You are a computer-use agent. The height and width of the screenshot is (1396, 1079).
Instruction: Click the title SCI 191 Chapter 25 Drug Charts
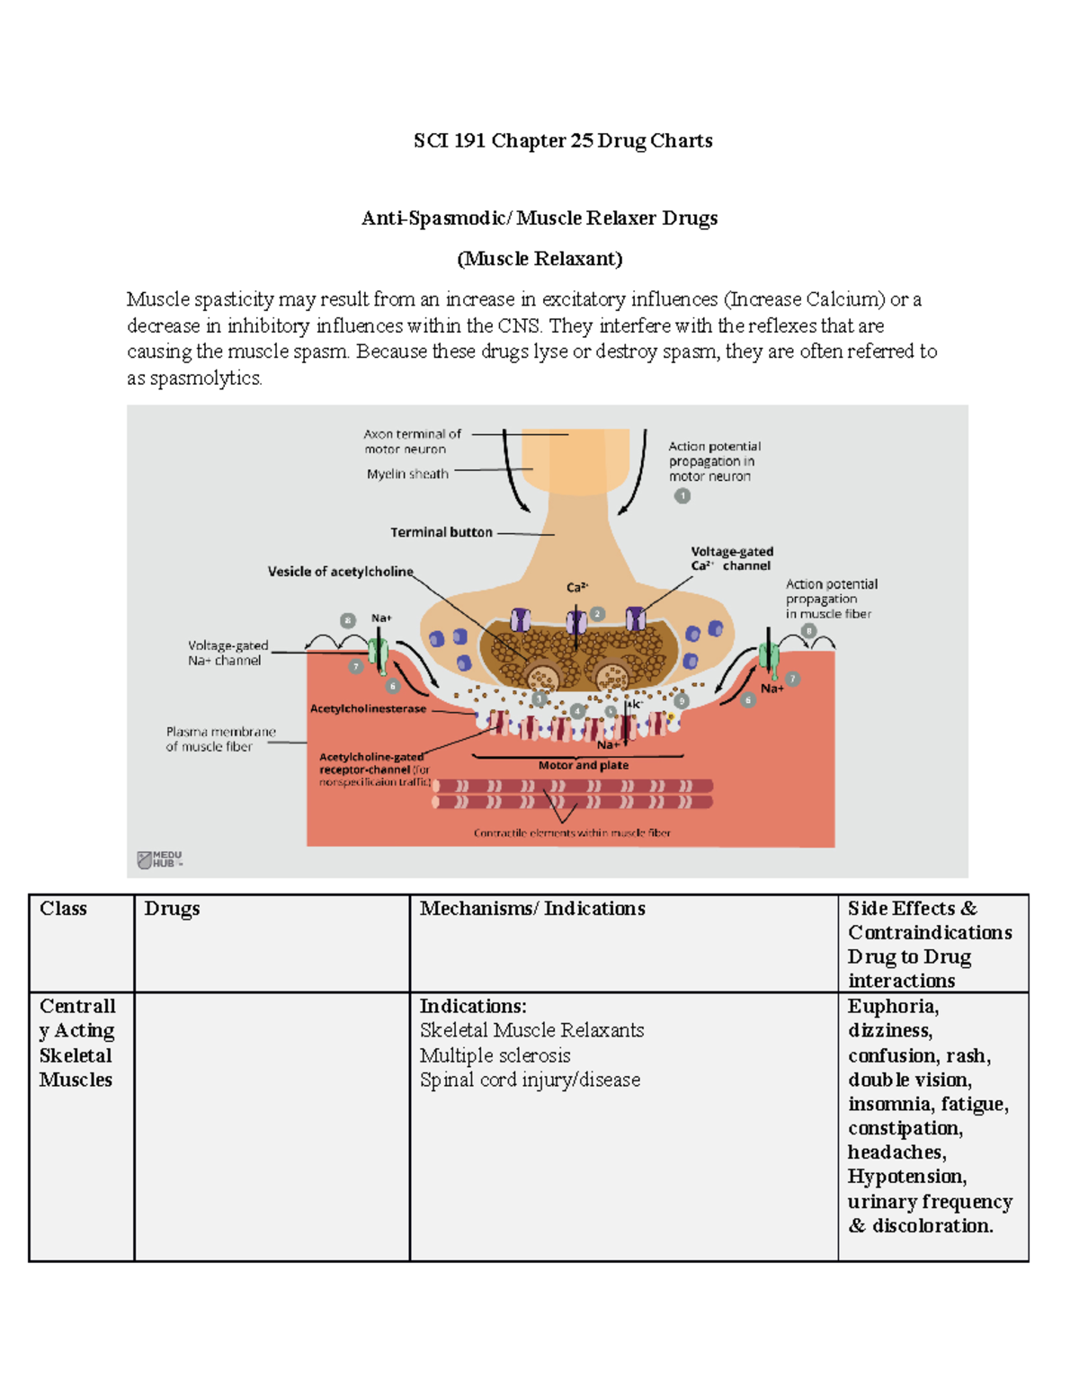563,141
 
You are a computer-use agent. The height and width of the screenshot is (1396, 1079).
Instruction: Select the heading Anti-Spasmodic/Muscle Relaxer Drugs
539,218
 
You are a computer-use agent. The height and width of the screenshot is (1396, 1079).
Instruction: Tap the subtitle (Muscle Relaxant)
539,260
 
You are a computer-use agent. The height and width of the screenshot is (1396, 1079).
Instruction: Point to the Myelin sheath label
407,474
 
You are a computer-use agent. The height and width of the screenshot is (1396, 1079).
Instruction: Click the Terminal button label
441,532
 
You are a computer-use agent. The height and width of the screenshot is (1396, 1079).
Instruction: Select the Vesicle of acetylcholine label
340,572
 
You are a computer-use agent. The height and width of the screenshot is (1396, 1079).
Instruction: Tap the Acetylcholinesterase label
368,708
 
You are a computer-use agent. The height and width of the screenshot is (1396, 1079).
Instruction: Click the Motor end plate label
584,766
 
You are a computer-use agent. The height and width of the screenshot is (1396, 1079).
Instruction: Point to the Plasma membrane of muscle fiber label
220,739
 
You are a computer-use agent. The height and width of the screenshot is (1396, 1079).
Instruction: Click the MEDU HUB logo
159,859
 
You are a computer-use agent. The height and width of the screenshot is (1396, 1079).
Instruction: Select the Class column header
63,909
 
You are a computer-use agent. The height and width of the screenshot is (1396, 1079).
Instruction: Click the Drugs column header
172,909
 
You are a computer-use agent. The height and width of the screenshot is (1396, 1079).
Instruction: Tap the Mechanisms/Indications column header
532,909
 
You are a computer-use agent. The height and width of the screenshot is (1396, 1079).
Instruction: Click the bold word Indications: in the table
473,1007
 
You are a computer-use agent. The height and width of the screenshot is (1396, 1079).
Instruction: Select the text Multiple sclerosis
495,1055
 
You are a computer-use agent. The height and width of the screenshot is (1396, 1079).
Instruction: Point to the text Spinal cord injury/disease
530,1080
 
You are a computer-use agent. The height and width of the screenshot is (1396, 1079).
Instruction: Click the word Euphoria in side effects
892,1007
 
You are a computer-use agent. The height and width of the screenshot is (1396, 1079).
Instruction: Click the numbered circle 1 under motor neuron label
682,496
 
